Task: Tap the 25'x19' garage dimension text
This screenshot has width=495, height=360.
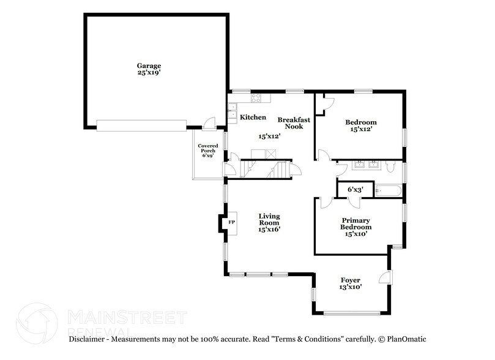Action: (149, 72)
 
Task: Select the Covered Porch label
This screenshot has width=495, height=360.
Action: (207, 148)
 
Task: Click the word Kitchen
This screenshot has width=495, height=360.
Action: (253, 117)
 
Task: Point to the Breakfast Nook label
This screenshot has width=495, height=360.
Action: (294, 122)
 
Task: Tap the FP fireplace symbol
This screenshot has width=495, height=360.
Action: (231, 222)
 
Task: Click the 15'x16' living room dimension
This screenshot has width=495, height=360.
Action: (269, 230)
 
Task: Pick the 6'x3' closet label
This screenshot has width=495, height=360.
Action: (355, 190)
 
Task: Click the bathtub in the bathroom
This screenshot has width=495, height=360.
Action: (388, 191)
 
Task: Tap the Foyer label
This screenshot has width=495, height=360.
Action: (350, 280)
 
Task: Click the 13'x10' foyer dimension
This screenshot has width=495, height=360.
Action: (350, 288)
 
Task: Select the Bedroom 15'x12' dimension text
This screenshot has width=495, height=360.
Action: (360, 129)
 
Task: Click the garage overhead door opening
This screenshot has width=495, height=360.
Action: (141, 125)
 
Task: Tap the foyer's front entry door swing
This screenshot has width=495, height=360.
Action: (385, 279)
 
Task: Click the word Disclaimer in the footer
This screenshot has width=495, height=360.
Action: (88, 339)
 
